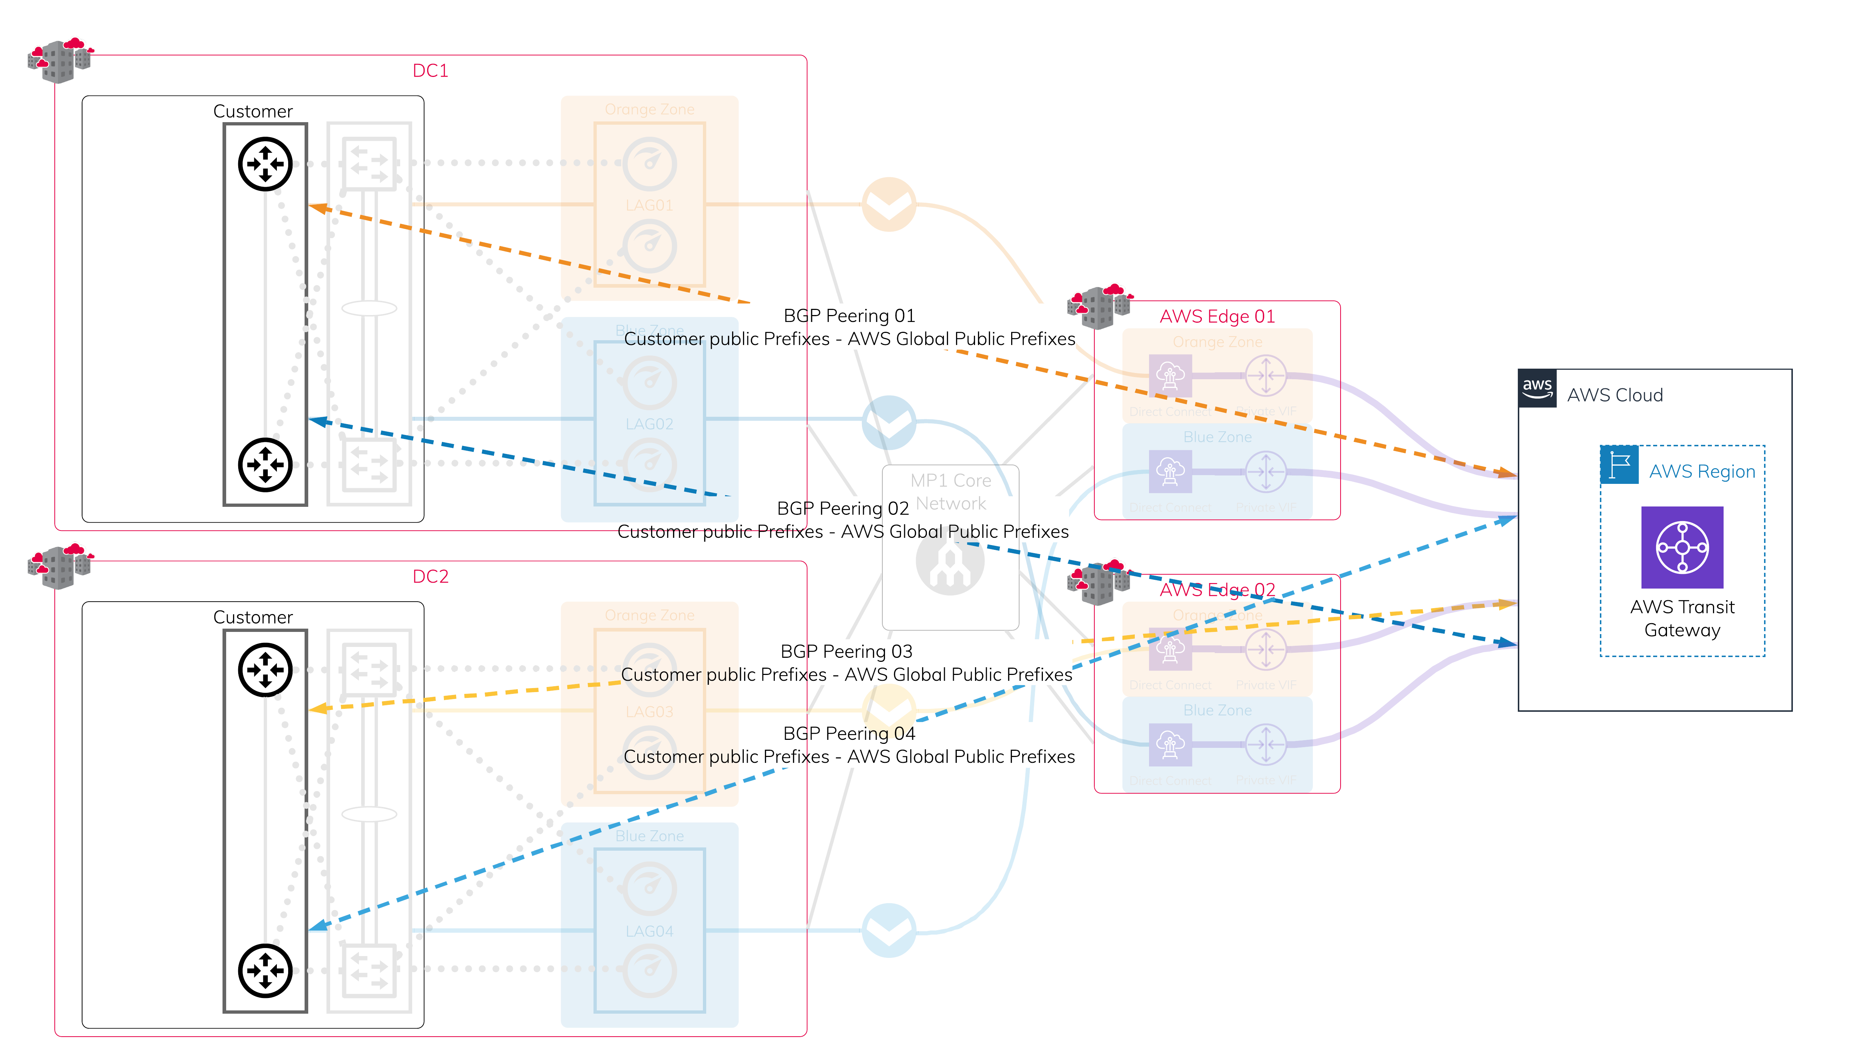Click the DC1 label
[430, 71]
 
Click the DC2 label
[430, 576]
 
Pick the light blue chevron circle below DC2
[889, 930]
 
